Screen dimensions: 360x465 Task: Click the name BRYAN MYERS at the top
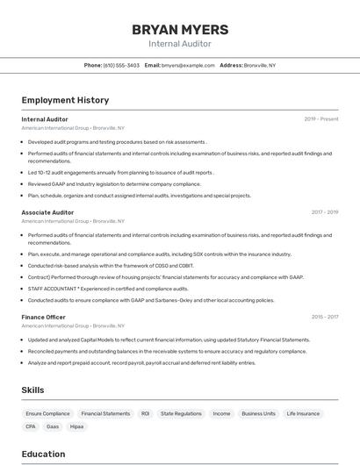(x=179, y=29)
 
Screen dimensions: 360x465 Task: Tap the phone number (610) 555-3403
(x=121, y=65)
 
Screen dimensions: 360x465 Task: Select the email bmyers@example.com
(x=188, y=65)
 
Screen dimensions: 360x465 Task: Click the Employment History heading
(x=65, y=100)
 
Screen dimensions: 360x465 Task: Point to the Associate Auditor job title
(x=47, y=212)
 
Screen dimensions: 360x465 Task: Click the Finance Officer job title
(x=43, y=317)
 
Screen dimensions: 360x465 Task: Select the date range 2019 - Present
(x=320, y=119)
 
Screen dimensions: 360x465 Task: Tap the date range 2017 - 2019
(x=324, y=212)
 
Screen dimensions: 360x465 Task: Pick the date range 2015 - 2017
(x=324, y=317)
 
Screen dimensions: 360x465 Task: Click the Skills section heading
(x=33, y=390)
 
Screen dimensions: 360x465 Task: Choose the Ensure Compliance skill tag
(x=47, y=413)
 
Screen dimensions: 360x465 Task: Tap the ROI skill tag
(x=145, y=413)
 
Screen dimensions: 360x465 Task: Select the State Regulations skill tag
(x=182, y=413)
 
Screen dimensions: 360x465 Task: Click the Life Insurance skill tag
(x=303, y=413)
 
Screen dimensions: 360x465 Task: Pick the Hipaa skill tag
(x=77, y=426)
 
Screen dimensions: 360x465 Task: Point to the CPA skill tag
(x=31, y=426)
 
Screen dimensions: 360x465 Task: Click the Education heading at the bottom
(x=43, y=454)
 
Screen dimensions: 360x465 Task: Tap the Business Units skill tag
(x=258, y=413)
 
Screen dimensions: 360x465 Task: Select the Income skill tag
(x=221, y=413)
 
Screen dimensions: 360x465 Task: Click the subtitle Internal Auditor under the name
(x=179, y=44)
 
